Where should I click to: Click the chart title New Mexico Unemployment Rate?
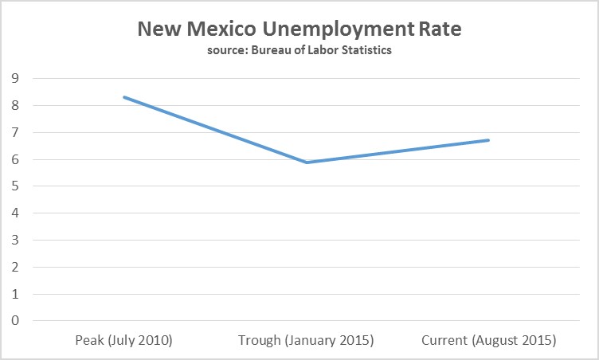point(299,29)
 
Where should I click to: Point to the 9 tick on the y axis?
point(14,78)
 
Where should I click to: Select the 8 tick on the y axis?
point(14,105)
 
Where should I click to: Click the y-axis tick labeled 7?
point(14,132)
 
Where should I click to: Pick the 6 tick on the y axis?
point(14,159)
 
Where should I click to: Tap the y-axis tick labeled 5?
point(14,186)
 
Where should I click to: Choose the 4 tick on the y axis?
point(14,213)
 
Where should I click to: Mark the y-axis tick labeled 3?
point(14,240)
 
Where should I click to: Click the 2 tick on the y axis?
point(14,267)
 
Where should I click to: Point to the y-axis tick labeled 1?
point(14,294)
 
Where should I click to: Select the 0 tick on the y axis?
point(14,321)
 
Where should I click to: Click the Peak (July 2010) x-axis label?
point(123,341)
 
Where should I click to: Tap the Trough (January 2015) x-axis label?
point(306,341)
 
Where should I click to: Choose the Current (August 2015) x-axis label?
point(488,341)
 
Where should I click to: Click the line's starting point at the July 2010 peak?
point(124,97)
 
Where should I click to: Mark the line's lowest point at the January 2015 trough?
point(307,162)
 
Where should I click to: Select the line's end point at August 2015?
point(488,140)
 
